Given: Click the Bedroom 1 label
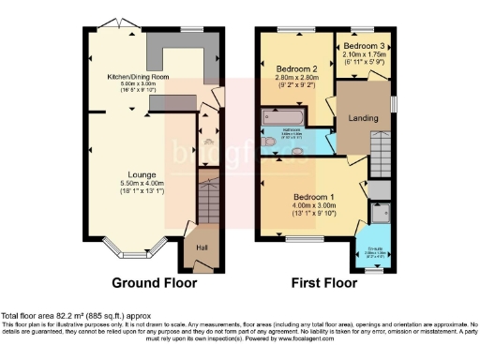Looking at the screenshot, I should pyautogui.click(x=308, y=197).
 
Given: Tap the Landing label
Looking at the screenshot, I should pyautogui.click(x=362, y=118).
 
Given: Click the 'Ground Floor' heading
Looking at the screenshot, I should pyautogui.click(x=154, y=282).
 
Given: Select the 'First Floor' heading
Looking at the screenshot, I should pyautogui.click(x=324, y=282).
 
